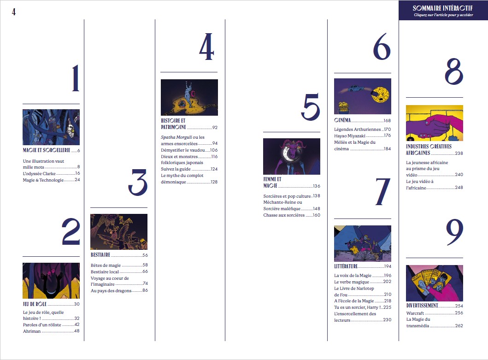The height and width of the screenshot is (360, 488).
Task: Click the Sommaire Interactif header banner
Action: click(x=443, y=10)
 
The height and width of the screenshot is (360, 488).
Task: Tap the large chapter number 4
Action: click(x=206, y=47)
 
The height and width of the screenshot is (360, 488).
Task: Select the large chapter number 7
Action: click(x=382, y=192)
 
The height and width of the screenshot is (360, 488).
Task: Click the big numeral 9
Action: click(x=455, y=232)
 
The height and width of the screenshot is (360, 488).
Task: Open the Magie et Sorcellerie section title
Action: click(x=47, y=150)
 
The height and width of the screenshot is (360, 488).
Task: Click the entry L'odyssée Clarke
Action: click(x=39, y=173)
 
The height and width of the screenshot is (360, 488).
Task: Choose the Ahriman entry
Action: click(x=32, y=331)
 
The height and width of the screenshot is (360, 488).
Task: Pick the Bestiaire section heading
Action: click(x=100, y=255)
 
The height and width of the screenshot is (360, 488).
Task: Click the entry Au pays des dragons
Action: click(x=111, y=290)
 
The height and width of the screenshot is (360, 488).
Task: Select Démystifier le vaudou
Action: click(x=182, y=150)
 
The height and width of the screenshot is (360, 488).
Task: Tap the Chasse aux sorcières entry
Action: click(x=284, y=215)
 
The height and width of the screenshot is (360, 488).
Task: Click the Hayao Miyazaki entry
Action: click(x=350, y=136)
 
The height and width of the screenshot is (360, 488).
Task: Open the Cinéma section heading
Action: click(x=342, y=120)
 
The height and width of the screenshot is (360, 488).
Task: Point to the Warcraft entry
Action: click(x=415, y=313)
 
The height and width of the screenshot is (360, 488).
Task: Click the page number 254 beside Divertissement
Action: click(x=459, y=306)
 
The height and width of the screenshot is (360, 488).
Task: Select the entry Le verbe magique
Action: click(x=352, y=282)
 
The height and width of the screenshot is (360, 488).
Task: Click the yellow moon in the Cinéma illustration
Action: click(x=380, y=94)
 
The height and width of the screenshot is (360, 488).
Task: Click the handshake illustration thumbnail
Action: click(x=435, y=123)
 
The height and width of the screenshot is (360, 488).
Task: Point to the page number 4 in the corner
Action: click(x=14, y=12)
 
